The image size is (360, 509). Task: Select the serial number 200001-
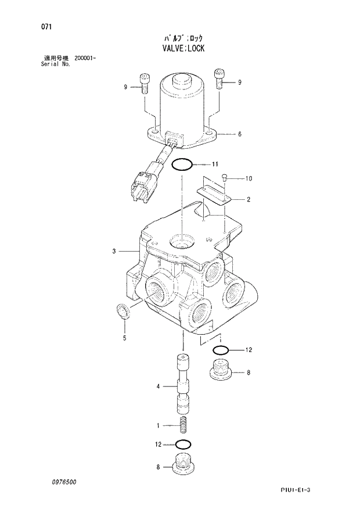pos(85,59)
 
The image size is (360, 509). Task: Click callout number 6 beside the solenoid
pos(239,134)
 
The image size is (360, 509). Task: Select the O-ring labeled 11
pos(182,164)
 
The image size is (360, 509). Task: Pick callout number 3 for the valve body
pos(115,252)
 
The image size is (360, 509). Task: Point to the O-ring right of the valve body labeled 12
pos(220,350)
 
